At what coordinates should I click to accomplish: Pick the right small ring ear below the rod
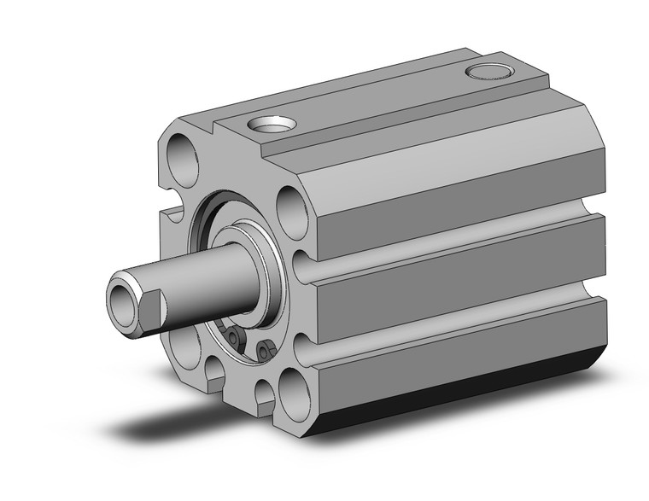tap(266, 349)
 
